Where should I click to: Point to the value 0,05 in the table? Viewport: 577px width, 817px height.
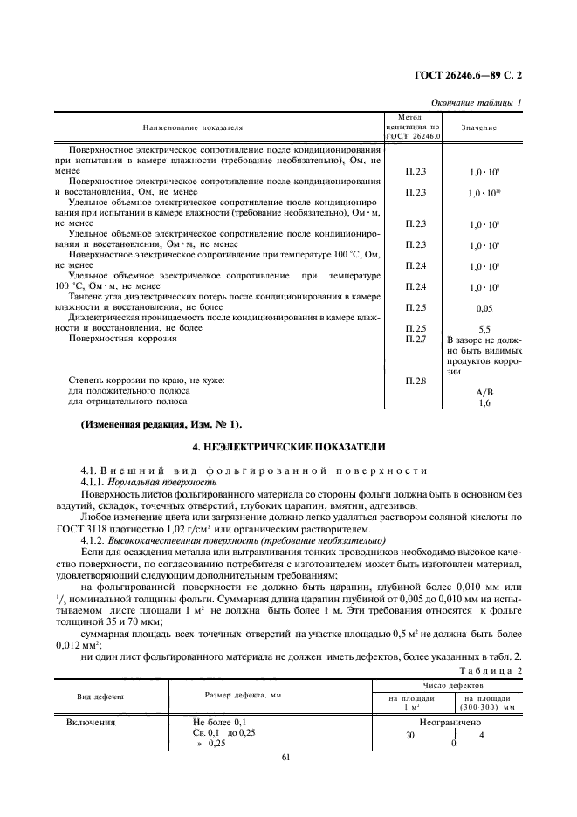point(483,309)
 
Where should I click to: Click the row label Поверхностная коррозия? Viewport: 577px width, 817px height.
point(121,338)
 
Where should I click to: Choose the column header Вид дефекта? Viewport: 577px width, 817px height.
point(100,697)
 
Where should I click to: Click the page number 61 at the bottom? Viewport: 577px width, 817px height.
point(285,757)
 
